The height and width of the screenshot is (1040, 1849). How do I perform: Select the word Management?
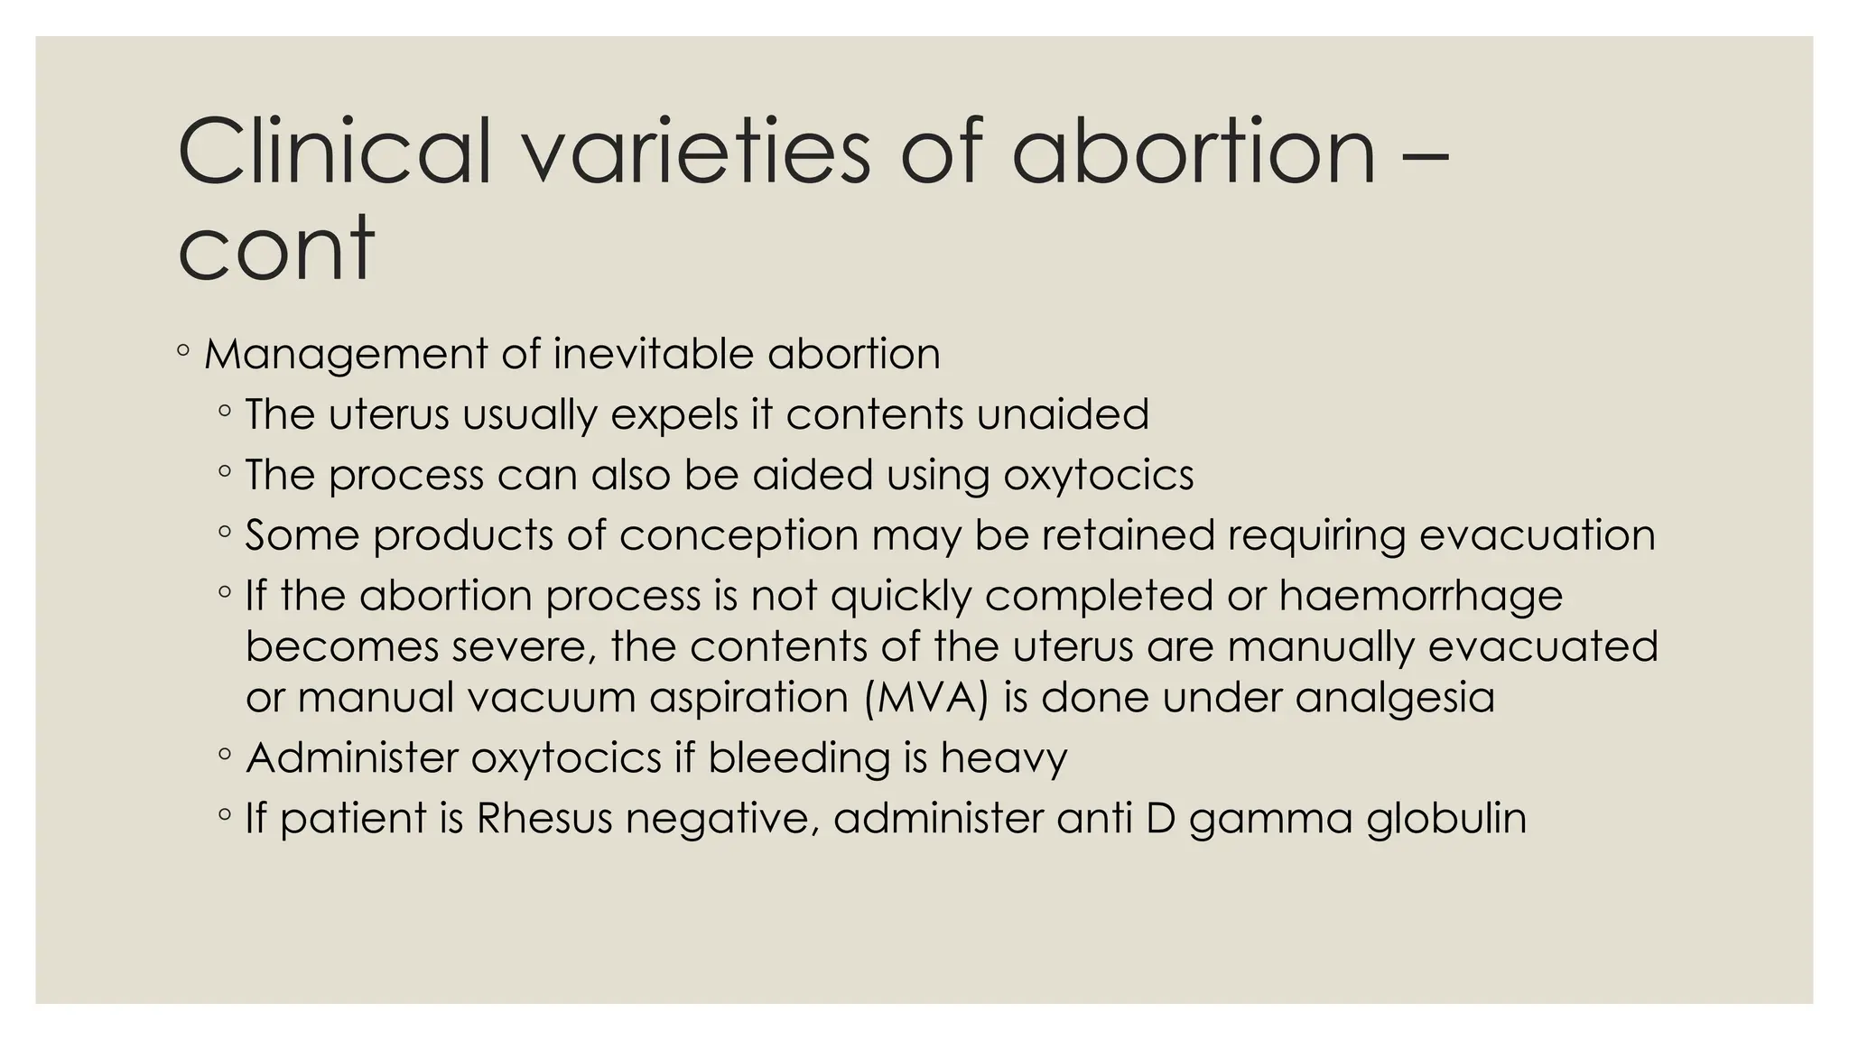tap(346, 354)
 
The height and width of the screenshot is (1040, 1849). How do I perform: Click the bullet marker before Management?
tap(183, 351)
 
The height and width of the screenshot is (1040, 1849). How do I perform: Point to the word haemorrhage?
tap(1421, 597)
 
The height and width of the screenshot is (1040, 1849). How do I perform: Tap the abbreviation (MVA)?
tap(926, 698)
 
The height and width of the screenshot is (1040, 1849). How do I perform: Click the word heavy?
tap(1004, 757)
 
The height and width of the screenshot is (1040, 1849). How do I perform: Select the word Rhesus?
tap(544, 819)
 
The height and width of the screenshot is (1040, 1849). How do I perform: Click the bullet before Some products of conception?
tap(225, 533)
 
